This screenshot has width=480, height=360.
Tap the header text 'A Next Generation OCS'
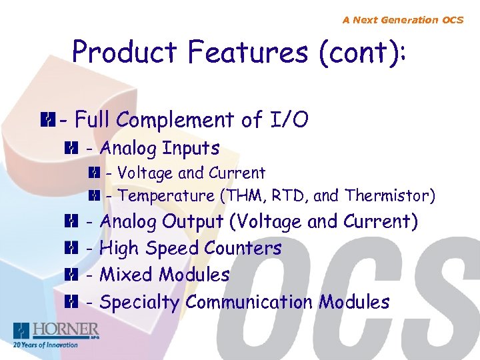403,20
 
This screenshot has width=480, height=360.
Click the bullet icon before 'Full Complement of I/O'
46,121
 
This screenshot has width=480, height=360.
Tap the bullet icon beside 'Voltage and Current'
93,173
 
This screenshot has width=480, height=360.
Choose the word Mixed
124,275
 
